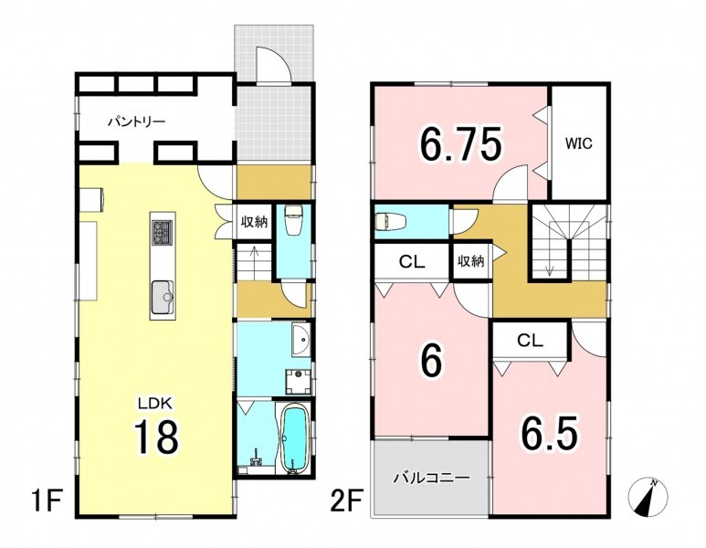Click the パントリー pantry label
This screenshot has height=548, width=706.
pos(136,121)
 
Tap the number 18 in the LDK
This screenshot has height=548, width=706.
pos(156,435)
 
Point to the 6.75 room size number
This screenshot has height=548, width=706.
pos(460,144)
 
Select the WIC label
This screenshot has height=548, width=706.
pos(578,144)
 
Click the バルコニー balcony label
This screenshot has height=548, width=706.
pos(432,478)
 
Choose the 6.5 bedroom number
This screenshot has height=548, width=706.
pos(549,433)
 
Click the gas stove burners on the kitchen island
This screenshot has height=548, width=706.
pos(162,233)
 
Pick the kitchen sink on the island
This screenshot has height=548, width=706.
pos(163,297)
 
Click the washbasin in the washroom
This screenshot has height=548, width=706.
pos(300,340)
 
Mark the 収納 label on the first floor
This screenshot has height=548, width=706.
pos(255,222)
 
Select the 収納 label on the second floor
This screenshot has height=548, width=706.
pos(471,261)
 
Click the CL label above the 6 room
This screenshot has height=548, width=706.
pos(412,261)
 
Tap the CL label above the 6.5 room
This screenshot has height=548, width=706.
pos(530,341)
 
